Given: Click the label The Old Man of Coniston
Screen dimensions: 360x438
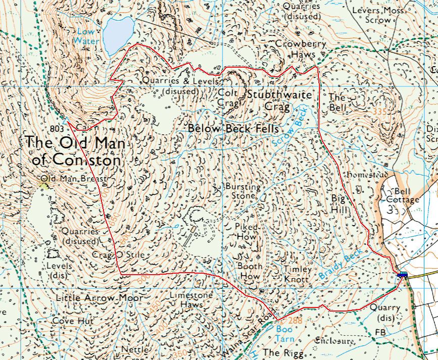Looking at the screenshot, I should [76, 151].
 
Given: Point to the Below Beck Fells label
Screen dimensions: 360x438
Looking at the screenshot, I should [233, 129].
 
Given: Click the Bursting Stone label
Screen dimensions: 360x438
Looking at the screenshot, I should [243, 191].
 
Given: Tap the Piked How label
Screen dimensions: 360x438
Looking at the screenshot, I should [246, 231].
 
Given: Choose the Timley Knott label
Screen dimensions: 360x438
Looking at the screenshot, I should [298, 274].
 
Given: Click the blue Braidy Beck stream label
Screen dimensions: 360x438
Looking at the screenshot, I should [340, 265].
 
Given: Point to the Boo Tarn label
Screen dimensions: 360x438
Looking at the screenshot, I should [284, 331].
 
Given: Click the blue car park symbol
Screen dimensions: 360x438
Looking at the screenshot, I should [402, 275].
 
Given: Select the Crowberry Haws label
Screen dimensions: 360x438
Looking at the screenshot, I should [300, 48].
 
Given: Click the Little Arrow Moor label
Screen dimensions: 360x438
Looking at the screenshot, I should [99, 298].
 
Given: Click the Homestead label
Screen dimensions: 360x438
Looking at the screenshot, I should [367, 175].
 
